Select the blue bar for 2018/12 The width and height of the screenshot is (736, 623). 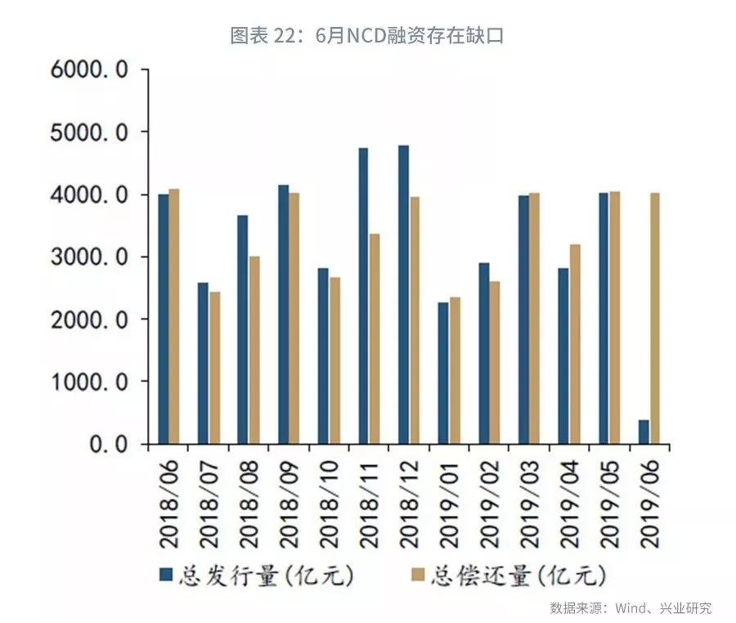[404, 295]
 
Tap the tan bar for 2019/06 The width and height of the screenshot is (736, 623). [654, 319]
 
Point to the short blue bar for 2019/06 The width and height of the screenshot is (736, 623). [644, 433]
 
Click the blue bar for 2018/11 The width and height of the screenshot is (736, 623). [363, 296]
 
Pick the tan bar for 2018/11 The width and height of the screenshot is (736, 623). [374, 339]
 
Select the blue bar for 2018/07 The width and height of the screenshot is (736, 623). [204, 364]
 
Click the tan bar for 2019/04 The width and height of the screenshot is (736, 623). [574, 344]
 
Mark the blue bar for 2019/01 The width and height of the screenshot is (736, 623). [443, 374]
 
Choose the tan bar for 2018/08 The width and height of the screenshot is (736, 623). [254, 351]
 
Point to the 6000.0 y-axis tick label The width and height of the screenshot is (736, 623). [89, 69]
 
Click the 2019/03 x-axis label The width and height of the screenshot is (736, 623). [528, 501]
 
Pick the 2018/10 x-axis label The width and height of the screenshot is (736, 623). [328, 501]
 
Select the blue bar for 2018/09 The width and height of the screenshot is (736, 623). [283, 315]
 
